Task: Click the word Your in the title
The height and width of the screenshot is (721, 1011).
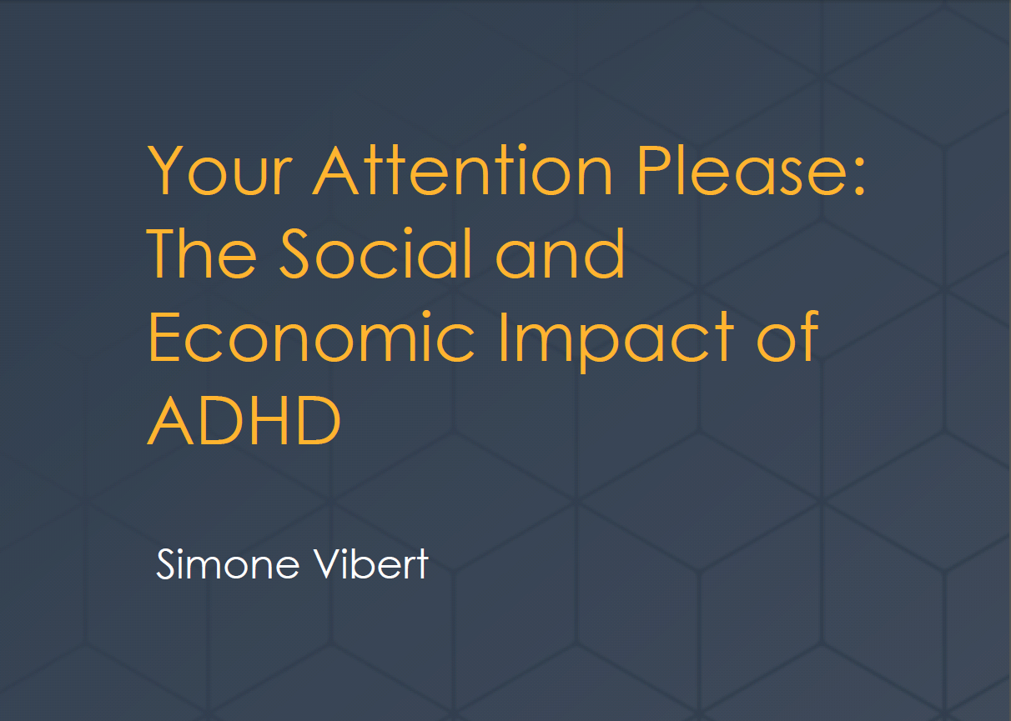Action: (219, 170)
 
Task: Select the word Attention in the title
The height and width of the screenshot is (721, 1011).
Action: (462, 169)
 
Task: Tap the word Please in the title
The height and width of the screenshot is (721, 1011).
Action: (741, 170)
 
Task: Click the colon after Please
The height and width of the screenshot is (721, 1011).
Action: (859, 177)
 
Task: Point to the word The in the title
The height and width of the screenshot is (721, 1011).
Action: (201, 253)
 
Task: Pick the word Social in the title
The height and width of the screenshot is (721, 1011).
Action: (375, 253)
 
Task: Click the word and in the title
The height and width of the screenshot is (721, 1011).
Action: (560, 253)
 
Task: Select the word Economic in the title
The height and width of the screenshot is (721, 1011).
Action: (311, 337)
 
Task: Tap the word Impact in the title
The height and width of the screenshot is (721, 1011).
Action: (616, 342)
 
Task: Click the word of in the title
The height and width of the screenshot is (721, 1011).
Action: (787, 337)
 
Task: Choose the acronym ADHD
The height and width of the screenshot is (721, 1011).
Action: (244, 420)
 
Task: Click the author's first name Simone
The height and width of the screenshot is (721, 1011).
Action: (228, 563)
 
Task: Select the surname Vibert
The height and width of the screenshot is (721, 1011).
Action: (370, 563)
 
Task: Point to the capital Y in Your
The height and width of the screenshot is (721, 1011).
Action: (165, 170)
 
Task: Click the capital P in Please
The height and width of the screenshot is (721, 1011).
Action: (653, 170)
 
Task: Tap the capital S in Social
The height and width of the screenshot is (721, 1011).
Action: (294, 253)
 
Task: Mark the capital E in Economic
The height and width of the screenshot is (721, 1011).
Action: (163, 337)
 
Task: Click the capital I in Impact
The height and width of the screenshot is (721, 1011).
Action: (504, 337)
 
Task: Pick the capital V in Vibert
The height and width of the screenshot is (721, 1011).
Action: (328, 563)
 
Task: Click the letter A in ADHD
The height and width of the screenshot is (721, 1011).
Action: (171, 420)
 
